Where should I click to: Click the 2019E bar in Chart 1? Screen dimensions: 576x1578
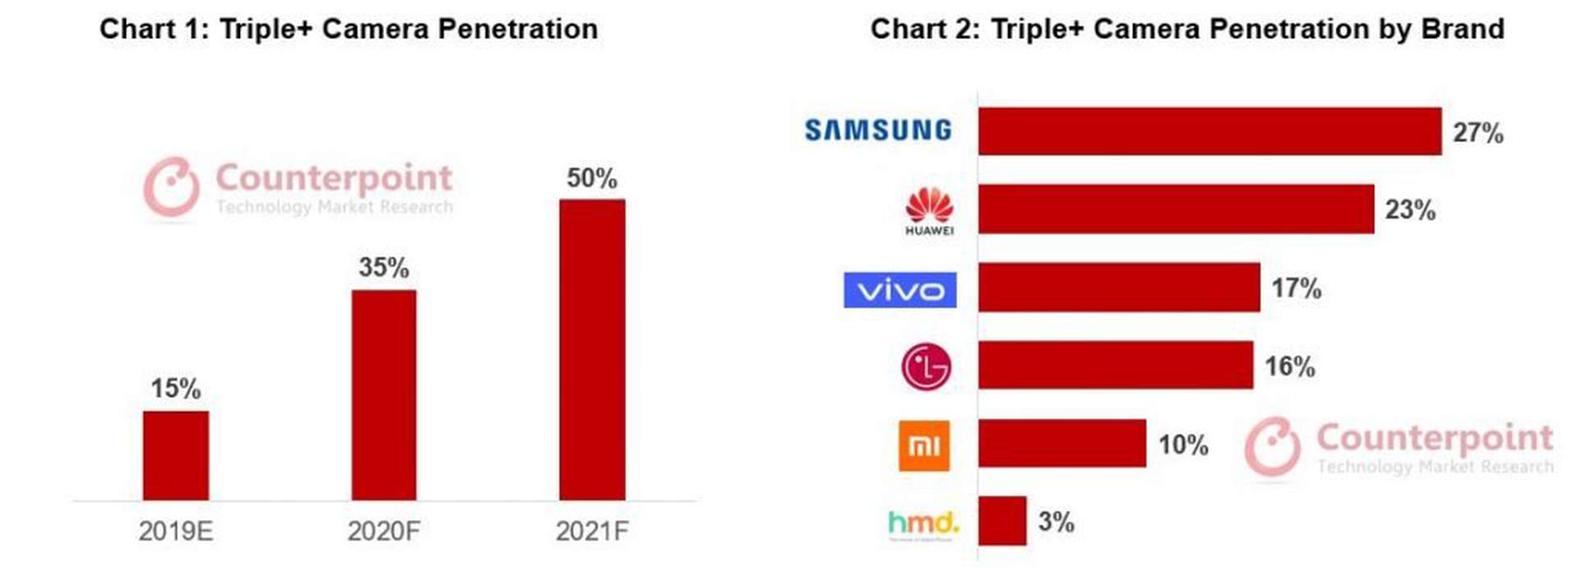click(x=175, y=455)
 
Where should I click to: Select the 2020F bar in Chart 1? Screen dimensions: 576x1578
click(x=383, y=394)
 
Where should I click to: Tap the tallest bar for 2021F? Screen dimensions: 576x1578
click(x=591, y=349)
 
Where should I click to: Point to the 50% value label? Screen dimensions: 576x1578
click(x=591, y=178)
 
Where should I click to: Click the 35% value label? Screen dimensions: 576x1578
click(x=383, y=268)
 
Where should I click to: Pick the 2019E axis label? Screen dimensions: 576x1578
click(x=175, y=532)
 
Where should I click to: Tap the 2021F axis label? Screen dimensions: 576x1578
click(x=591, y=532)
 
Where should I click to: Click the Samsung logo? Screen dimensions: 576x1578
click(x=877, y=130)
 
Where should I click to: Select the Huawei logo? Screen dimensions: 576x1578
click(x=929, y=211)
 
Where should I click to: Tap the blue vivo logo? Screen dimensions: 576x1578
click(x=900, y=290)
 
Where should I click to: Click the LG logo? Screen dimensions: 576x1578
click(x=926, y=366)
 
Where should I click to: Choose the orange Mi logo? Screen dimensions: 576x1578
click(x=923, y=445)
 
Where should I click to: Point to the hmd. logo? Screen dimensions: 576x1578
click(x=923, y=523)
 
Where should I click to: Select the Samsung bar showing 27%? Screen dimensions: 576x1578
click(x=1209, y=131)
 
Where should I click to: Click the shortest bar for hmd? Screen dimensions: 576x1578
click(x=1002, y=521)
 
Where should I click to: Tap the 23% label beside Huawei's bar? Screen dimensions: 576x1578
click(x=1409, y=210)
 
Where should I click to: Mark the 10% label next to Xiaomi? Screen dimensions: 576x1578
click(x=1182, y=445)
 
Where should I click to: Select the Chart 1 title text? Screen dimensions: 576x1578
click(x=349, y=29)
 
